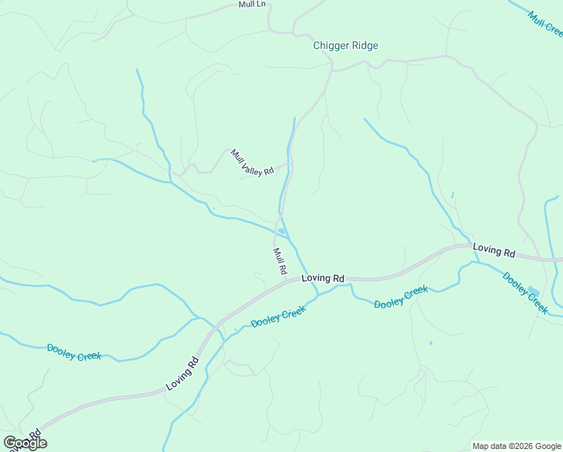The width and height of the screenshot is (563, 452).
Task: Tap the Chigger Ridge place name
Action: coord(345,45)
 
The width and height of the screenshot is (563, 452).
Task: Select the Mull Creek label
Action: coord(544,23)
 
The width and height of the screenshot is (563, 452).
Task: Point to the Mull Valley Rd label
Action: coord(252,163)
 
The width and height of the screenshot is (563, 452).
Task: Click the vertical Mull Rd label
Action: coord(279,261)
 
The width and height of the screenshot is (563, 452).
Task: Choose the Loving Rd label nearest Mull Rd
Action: coord(322,279)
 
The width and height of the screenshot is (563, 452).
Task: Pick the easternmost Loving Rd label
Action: coord(494,249)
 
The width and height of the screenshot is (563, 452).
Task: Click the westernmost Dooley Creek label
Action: coord(74,352)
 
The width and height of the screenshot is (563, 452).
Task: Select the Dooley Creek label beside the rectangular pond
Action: coord(525,292)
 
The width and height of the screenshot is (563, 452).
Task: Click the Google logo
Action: coord(24,443)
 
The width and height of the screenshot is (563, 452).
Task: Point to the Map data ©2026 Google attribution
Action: coord(516,446)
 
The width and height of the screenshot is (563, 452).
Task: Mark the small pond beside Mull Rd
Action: coord(281,231)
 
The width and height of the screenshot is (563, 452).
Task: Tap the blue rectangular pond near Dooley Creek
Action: coord(534,291)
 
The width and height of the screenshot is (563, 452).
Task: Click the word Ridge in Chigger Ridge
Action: coord(362,45)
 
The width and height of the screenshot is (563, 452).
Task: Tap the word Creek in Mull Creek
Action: coord(552,29)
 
